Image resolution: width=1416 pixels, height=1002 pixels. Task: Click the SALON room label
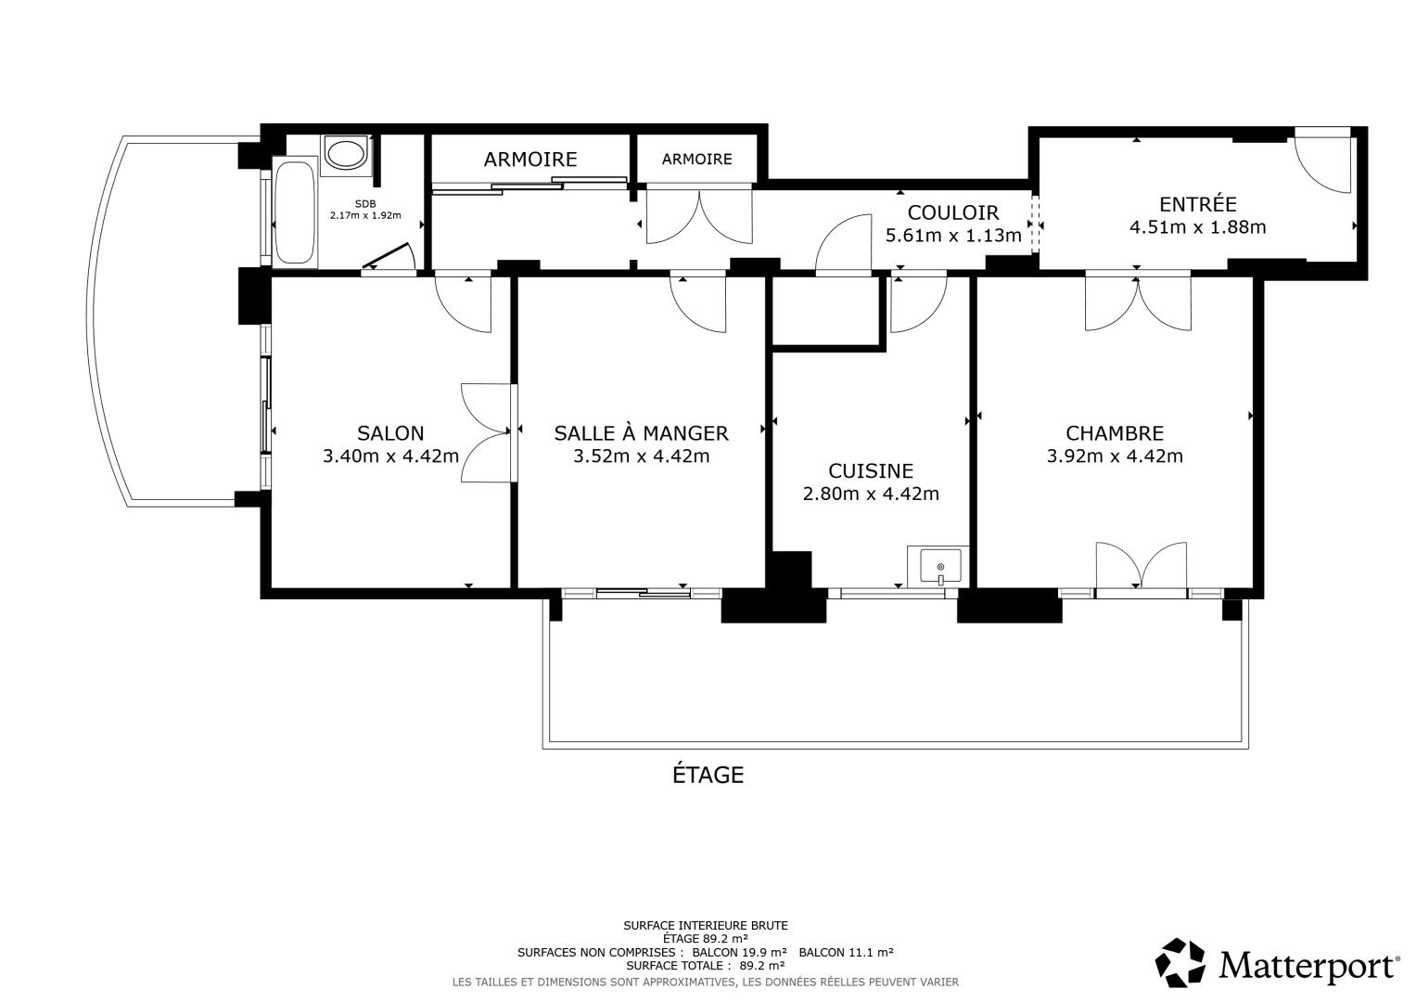390,432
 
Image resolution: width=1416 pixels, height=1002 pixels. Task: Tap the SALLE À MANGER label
641,432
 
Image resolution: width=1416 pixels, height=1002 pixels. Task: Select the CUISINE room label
871,471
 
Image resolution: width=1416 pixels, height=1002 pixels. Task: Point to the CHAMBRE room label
1115,432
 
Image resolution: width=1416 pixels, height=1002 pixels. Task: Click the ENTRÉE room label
1198,204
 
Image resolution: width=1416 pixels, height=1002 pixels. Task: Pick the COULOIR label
953,212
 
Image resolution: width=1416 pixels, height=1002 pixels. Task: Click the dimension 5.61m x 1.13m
953,236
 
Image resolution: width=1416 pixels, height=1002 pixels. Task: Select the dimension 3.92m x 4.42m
1115,456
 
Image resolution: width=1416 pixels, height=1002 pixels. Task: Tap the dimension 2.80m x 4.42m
871,494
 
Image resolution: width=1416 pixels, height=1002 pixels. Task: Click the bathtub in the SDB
296,213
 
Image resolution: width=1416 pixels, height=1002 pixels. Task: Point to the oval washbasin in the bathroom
346,154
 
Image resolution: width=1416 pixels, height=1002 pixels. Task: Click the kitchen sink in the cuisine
940,565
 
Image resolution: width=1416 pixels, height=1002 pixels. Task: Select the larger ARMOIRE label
530,160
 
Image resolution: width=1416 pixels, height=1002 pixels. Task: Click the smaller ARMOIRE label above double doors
696,160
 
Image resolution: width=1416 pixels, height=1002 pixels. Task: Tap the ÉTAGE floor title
708,774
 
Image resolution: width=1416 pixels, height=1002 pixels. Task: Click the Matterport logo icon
1180,963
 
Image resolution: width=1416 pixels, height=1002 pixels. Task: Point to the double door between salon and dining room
487,432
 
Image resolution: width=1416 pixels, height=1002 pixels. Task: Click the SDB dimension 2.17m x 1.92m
365,215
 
